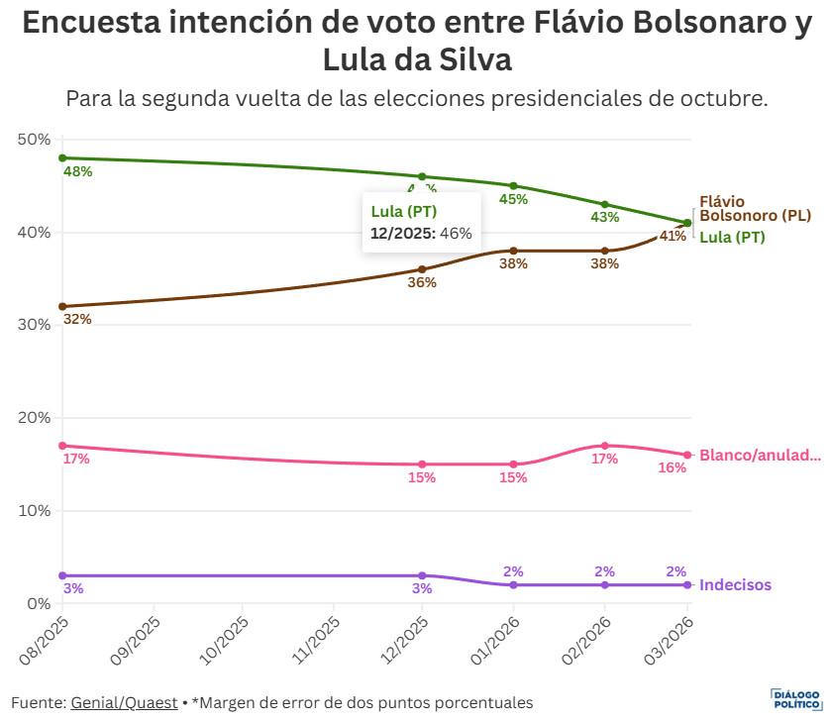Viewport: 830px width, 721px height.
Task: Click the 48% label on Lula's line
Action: click(77, 171)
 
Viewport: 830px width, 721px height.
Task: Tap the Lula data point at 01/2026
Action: click(513, 185)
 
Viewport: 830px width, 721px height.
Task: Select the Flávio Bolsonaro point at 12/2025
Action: click(422, 269)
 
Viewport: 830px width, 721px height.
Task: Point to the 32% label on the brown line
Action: click(77, 319)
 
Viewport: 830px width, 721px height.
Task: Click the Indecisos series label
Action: click(735, 585)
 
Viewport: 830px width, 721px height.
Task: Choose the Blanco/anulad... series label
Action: click(760, 456)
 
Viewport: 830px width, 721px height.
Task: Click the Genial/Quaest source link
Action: click(124, 702)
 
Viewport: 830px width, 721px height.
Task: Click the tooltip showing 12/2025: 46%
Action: click(421, 223)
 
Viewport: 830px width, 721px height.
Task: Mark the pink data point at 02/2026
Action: click(604, 446)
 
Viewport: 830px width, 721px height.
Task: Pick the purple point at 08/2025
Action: click(62, 575)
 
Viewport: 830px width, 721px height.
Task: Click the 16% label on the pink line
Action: click(673, 468)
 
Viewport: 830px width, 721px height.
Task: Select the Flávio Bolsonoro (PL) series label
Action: click(755, 209)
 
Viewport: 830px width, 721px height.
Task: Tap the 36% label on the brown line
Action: click(422, 282)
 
